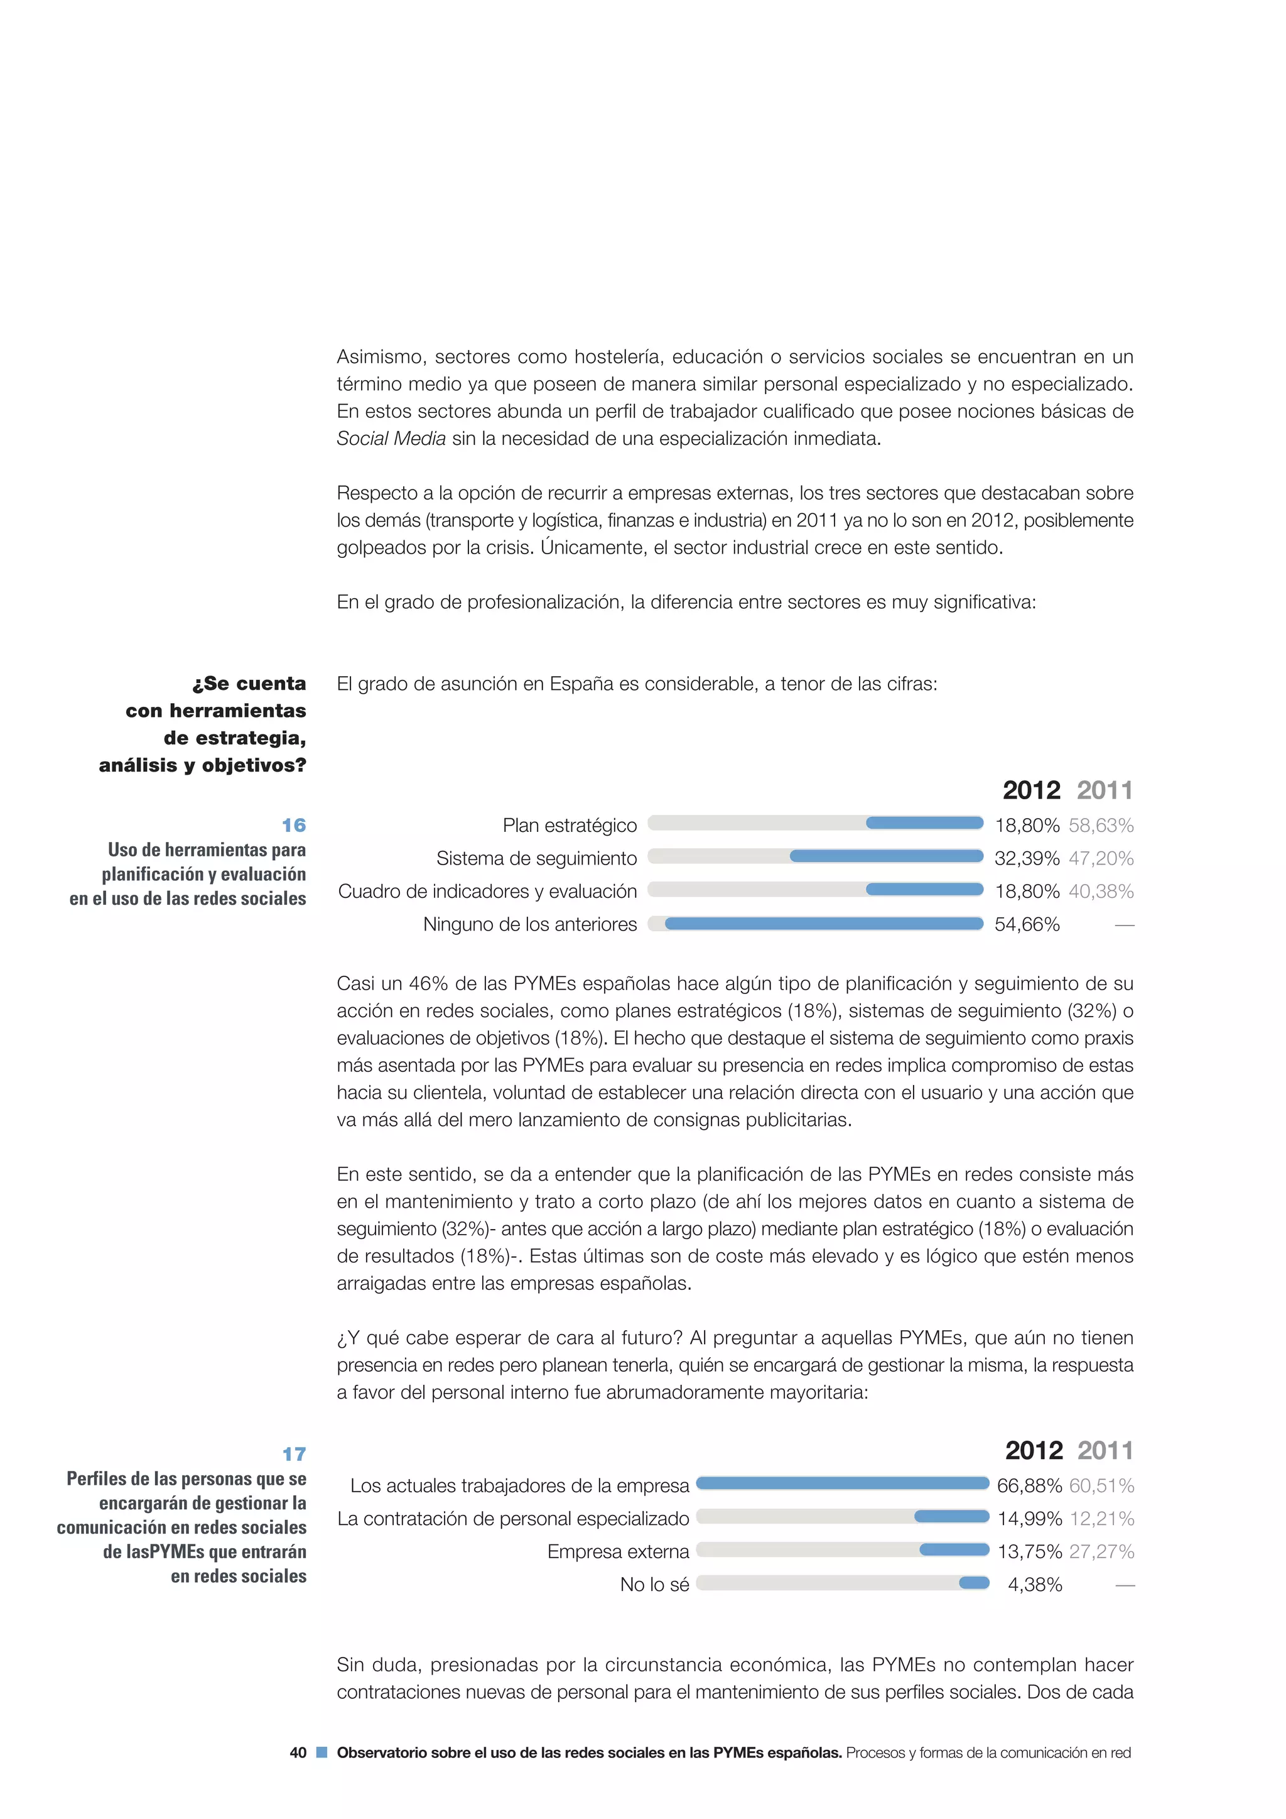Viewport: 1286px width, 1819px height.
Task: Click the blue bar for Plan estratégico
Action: click(x=924, y=823)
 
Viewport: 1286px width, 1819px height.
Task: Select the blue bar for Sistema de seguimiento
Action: click(x=886, y=856)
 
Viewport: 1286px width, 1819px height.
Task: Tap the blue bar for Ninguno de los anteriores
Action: click(x=824, y=923)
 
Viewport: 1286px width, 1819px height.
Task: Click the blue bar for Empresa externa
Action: click(x=954, y=1549)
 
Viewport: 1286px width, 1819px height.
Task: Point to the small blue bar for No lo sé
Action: click(x=974, y=1582)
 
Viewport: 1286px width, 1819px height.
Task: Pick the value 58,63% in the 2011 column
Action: click(x=1101, y=826)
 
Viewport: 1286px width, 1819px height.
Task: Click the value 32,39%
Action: click(x=1026, y=858)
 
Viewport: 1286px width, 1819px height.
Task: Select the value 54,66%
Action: click(x=1026, y=924)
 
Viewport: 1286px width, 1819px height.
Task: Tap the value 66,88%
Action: click(x=1029, y=1485)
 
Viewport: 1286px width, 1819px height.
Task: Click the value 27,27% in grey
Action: click(x=1101, y=1551)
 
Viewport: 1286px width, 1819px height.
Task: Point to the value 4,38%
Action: click(x=1034, y=1585)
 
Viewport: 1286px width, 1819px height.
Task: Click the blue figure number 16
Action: click(x=294, y=825)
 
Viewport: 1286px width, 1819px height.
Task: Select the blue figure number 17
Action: click(x=294, y=1454)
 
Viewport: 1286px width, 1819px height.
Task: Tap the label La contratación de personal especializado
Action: click(x=513, y=1519)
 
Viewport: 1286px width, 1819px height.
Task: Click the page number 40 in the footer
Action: click(x=298, y=1752)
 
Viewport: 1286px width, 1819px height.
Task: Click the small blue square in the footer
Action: click(x=321, y=1752)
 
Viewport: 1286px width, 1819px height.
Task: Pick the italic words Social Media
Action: click(x=391, y=439)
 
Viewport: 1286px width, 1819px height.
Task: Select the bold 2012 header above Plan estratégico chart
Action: click(x=1030, y=790)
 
